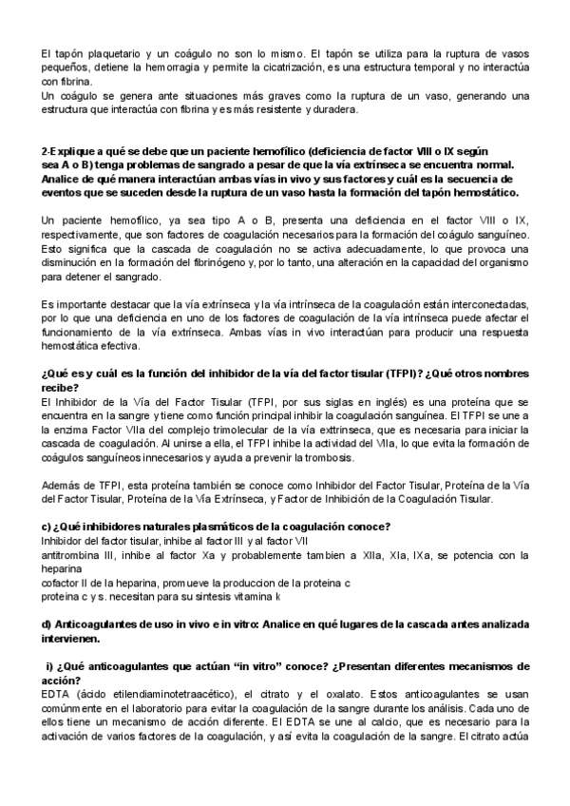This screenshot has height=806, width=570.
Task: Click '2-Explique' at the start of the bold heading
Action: [x=68, y=150]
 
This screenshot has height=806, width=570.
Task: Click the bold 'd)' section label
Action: [x=47, y=624]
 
